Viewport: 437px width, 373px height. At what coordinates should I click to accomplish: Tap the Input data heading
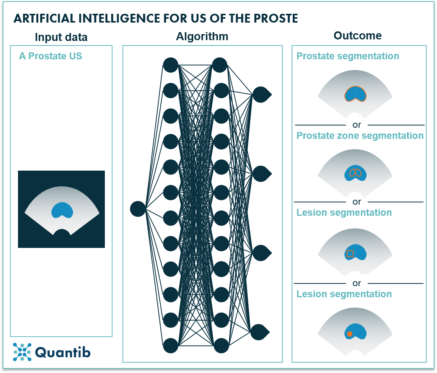61,37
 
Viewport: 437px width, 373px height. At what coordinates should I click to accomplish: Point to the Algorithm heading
202,36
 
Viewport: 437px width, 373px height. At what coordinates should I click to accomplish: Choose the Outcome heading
357,36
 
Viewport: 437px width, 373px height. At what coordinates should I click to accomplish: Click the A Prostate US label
51,56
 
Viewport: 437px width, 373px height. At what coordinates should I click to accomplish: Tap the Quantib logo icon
22,352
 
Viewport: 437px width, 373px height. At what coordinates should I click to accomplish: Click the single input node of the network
138,209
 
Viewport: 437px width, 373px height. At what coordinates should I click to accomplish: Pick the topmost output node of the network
261,94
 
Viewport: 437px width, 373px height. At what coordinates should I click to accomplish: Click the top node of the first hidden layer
171,65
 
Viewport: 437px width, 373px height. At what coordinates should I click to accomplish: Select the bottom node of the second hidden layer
221,345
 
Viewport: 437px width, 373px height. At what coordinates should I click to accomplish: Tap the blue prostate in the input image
62,210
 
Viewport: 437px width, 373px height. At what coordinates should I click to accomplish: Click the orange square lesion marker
350,253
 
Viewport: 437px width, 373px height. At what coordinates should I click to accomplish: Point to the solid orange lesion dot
349,334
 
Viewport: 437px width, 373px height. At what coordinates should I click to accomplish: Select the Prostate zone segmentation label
360,136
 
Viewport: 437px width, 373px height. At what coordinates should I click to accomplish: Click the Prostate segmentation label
347,56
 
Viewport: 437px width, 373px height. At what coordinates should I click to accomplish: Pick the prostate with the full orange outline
355,94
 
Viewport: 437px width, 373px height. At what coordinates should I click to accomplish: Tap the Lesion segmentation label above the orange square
344,213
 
